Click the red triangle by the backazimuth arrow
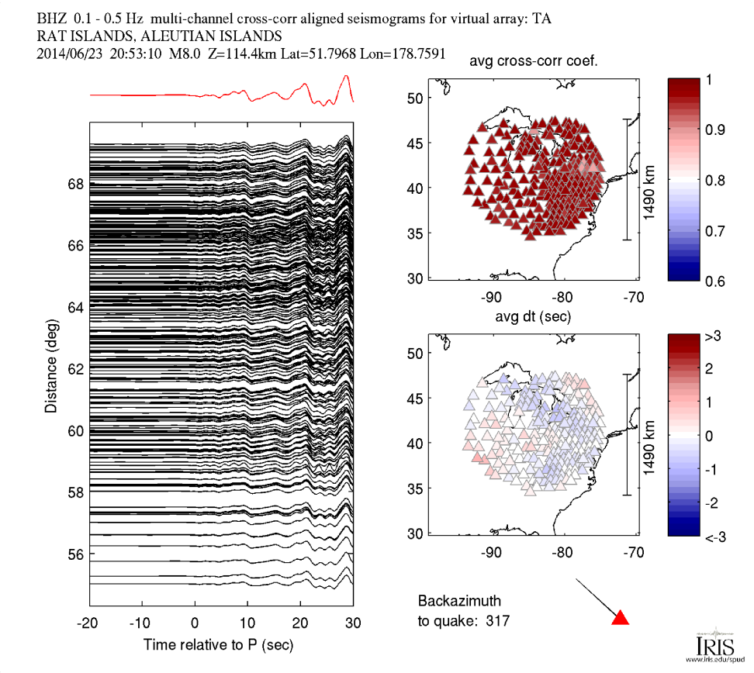[621, 618]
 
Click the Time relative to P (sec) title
[218, 645]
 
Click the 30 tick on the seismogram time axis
[354, 623]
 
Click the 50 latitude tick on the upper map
[414, 98]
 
